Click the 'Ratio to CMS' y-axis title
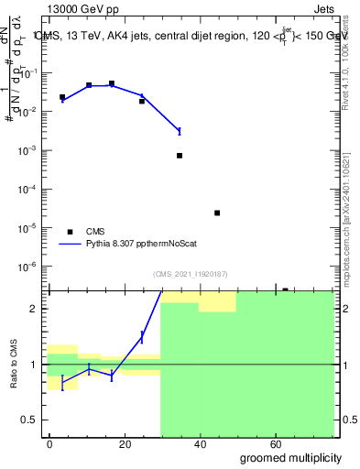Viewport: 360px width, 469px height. tap(12, 364)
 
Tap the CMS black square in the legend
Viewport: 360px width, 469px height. tap(68, 232)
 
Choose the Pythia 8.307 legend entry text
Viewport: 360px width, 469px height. tap(143, 245)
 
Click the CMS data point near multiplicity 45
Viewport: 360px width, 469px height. tap(217, 213)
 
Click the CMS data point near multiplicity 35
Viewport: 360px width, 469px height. tap(180, 156)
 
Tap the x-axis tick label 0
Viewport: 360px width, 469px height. tap(49, 444)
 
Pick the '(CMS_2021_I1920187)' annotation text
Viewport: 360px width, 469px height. tap(189, 273)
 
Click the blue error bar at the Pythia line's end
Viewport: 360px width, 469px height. tap(180, 131)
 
